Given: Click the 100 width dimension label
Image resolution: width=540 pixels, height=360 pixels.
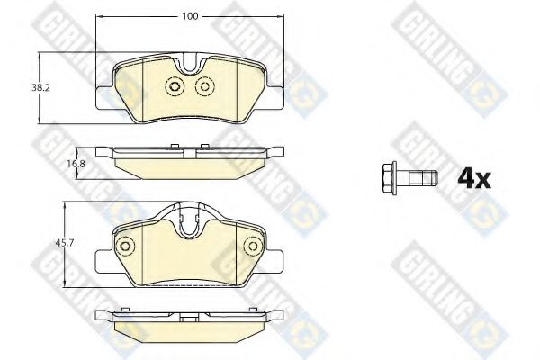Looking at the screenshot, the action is tap(191, 16).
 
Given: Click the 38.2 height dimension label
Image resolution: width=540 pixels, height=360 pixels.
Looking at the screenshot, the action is tap(41, 88).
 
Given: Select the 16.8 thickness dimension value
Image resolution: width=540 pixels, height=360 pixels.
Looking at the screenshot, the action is tap(76, 164).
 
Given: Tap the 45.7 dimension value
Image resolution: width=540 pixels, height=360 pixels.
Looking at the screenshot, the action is tap(65, 243).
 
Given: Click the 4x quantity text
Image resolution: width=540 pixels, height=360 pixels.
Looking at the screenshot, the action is tap(474, 179).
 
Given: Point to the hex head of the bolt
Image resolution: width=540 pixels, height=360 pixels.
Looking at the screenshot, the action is tap(390, 178).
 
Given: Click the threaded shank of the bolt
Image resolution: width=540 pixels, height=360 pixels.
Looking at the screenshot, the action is tap(423, 178).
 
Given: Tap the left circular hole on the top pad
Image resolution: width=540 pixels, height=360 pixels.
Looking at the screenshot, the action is tap(175, 86).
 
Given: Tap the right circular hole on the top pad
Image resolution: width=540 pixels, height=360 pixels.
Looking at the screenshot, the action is tap(205, 86).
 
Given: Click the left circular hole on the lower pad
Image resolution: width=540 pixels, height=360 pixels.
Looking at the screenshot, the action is tap(125, 246).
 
